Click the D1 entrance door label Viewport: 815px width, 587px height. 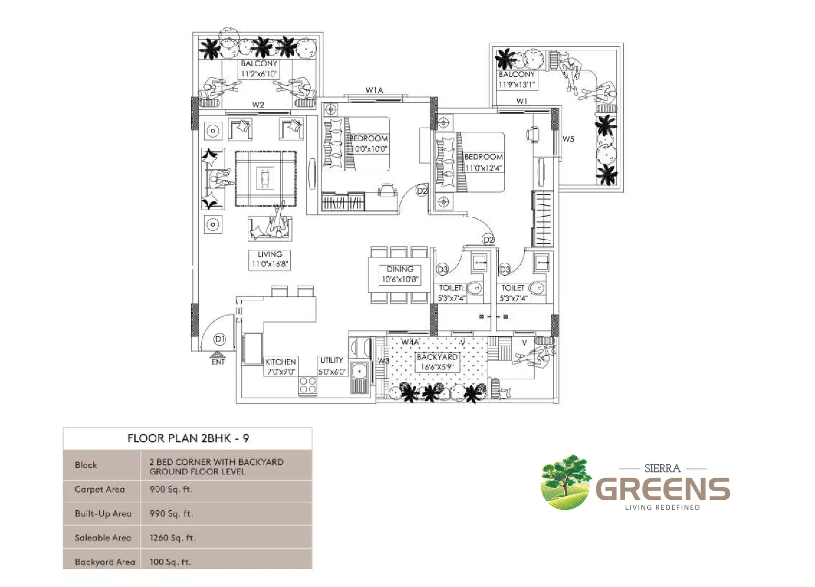click(x=220, y=339)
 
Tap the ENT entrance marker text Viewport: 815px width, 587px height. click(x=218, y=362)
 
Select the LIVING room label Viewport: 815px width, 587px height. click(x=270, y=254)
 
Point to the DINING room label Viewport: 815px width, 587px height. click(x=400, y=270)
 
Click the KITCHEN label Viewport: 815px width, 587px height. click(x=280, y=362)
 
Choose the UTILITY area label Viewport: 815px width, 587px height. click(x=331, y=360)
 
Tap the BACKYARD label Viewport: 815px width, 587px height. click(x=437, y=357)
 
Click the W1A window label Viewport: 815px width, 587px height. click(x=374, y=90)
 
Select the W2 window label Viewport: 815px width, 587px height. click(x=258, y=105)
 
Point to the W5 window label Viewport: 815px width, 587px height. click(x=568, y=139)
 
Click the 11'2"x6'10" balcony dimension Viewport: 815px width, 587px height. click(x=259, y=74)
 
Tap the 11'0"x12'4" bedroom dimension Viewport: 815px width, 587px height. click(x=484, y=168)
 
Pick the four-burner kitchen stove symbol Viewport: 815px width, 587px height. click(x=308, y=386)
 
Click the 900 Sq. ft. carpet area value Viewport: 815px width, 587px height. click(x=171, y=490)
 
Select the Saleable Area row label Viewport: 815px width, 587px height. click(x=103, y=538)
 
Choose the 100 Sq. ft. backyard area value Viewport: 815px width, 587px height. click(x=170, y=562)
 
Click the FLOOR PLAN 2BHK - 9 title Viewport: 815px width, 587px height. click(x=188, y=438)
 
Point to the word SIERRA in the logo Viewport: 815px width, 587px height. click(x=663, y=469)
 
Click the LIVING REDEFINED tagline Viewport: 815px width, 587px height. click(x=663, y=507)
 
